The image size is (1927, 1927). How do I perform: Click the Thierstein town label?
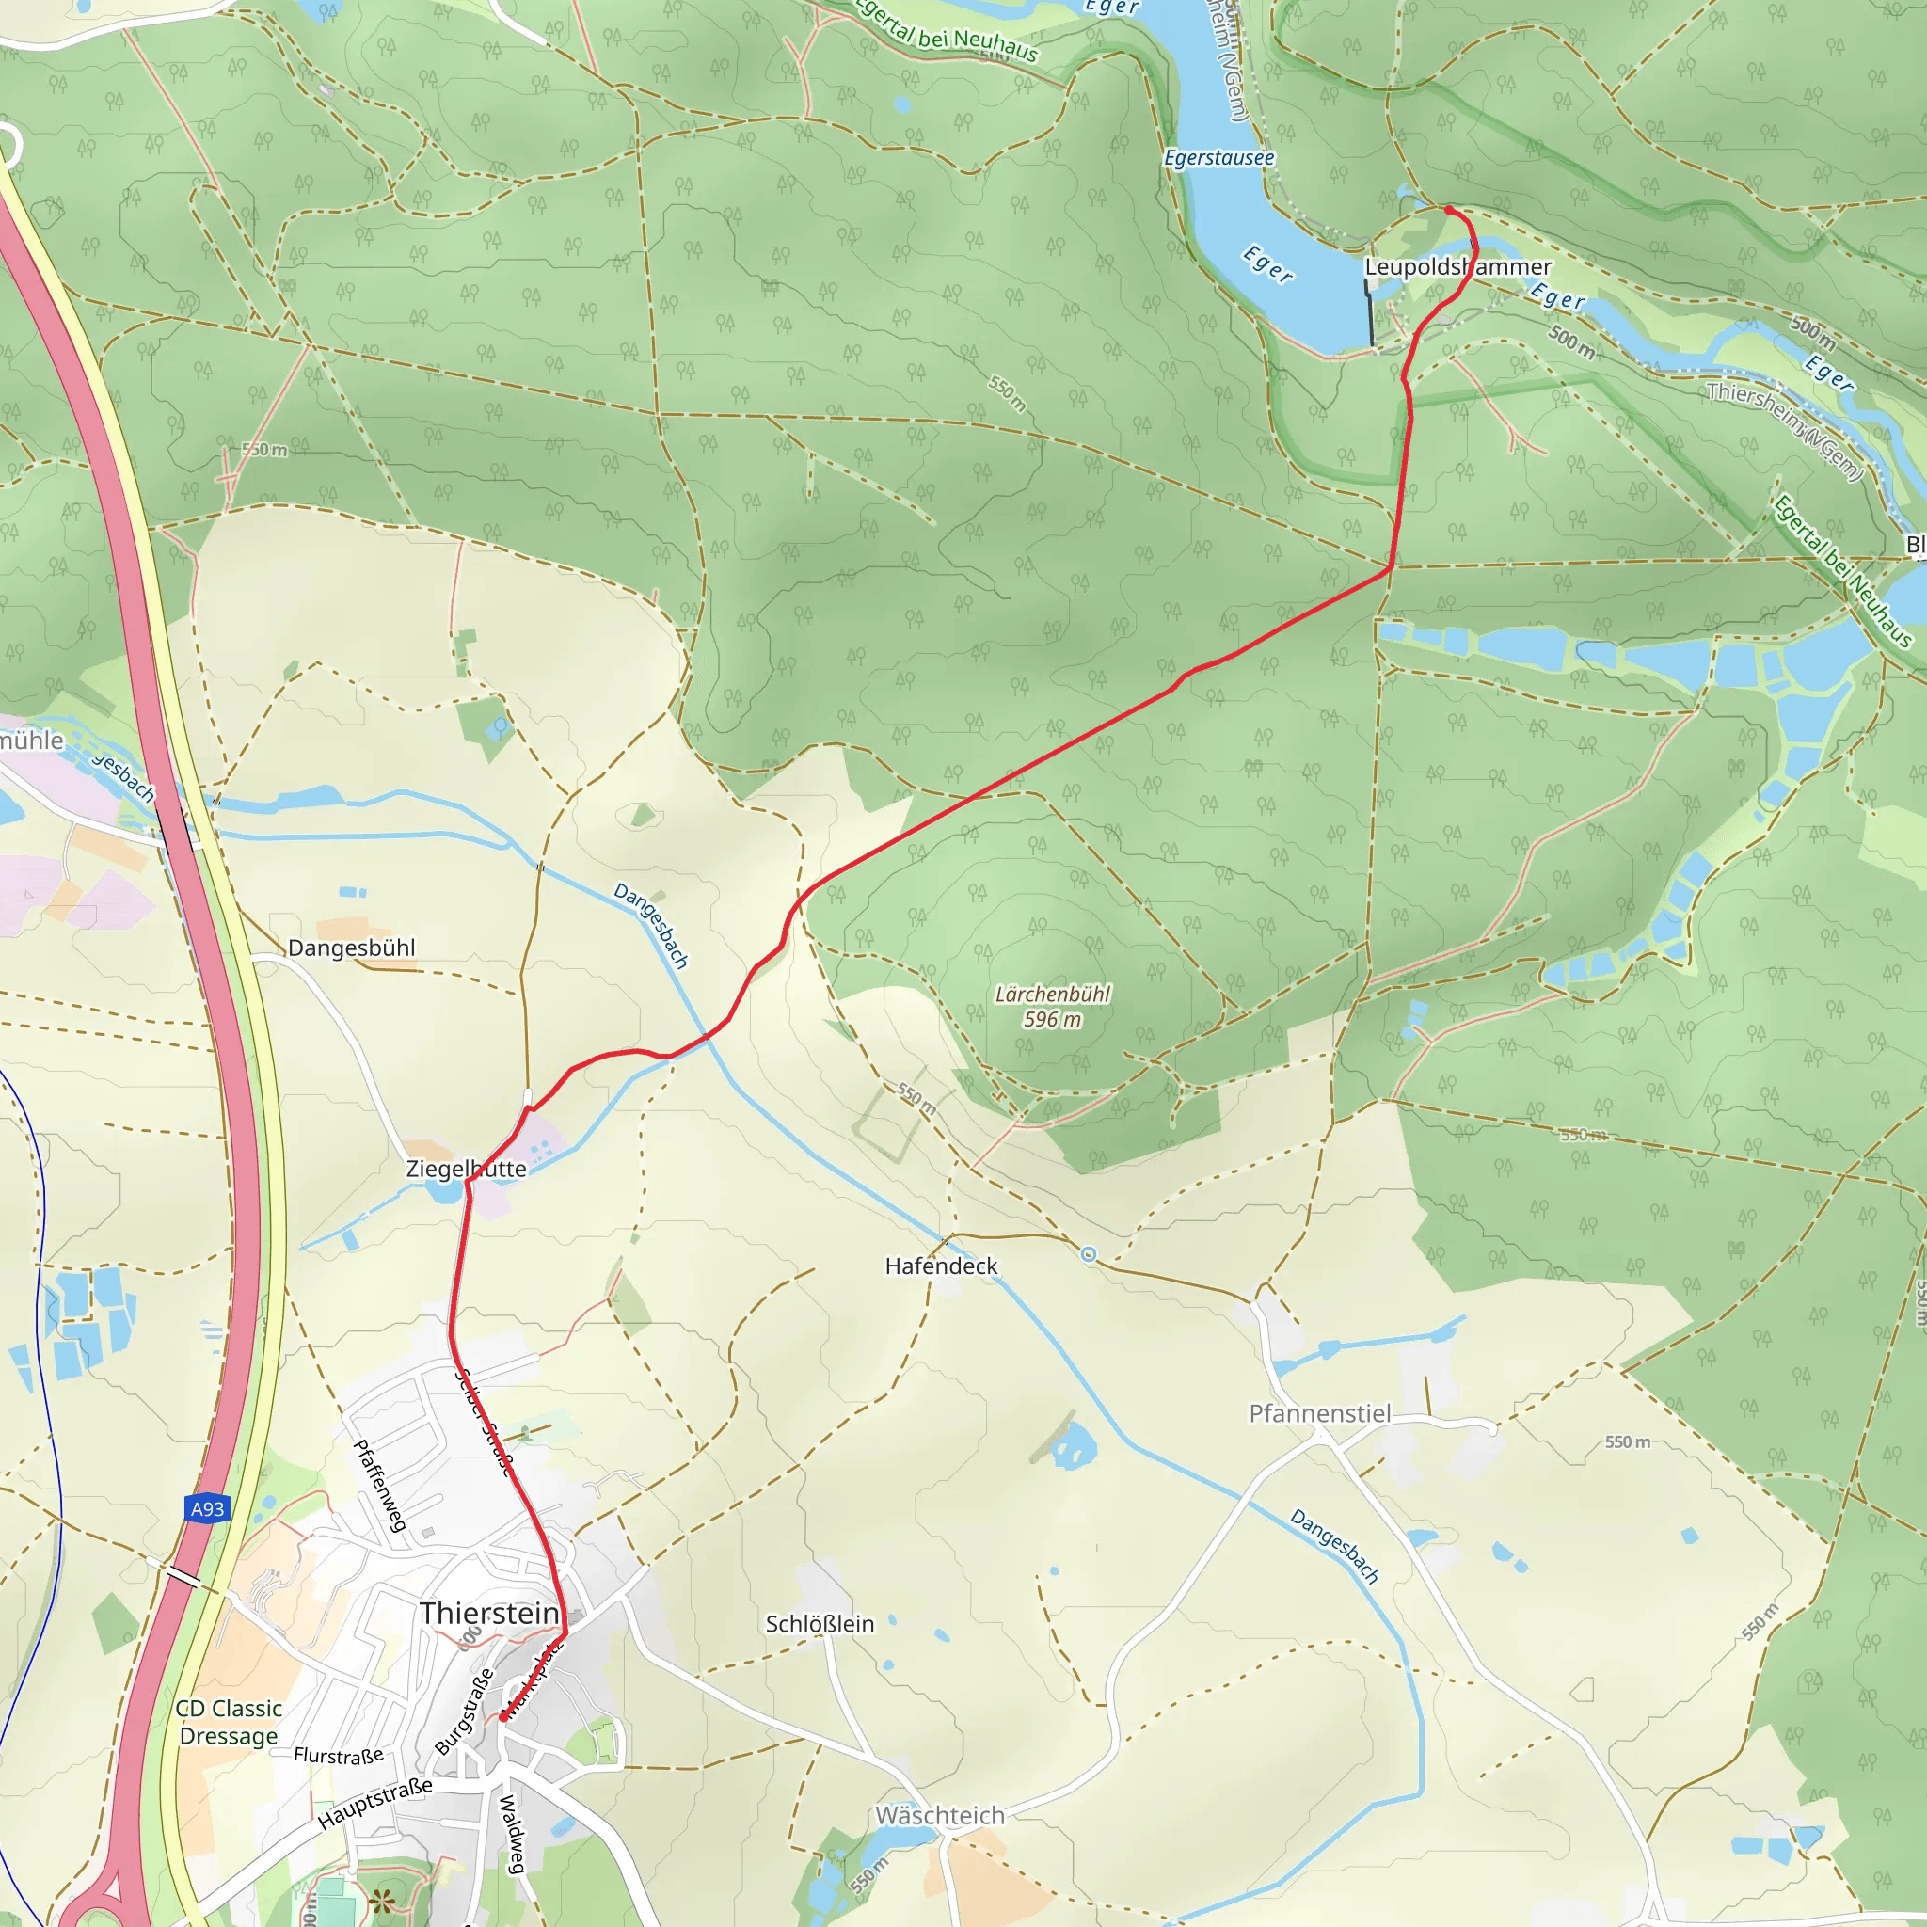tap(488, 1613)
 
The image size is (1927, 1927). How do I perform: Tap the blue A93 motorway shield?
tap(207, 1508)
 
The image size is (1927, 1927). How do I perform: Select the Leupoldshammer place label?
tap(1457, 267)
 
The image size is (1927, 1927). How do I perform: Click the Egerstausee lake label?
tap(1218, 157)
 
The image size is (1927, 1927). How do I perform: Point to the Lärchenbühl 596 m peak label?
tap(1052, 1007)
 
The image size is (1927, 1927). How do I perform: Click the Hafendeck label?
tap(941, 1266)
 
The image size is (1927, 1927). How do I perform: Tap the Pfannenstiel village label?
tap(1319, 1413)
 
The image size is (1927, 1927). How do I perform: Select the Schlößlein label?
tap(820, 1624)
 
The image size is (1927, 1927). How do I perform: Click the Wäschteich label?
tap(940, 1815)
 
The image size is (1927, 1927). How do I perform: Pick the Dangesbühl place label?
tap(351, 948)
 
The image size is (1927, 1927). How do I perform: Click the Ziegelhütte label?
tap(466, 1168)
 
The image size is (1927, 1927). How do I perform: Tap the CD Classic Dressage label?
tap(229, 1723)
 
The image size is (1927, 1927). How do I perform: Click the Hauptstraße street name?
tap(375, 1804)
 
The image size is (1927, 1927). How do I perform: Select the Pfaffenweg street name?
tap(381, 1486)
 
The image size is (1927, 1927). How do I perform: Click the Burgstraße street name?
tap(465, 1712)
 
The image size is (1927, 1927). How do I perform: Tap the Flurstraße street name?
tap(338, 1756)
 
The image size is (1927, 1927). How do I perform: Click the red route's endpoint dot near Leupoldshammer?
tap(1448, 210)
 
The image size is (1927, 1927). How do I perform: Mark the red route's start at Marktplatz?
tap(503, 1717)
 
